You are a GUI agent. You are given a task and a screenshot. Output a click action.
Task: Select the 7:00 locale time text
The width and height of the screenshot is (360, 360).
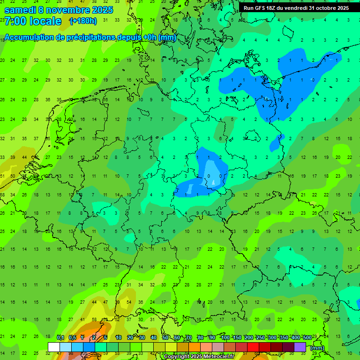33,21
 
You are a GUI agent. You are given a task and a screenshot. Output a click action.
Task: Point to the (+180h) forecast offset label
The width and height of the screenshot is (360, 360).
83,21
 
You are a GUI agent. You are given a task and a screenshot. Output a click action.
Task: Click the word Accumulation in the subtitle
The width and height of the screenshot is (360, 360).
30,37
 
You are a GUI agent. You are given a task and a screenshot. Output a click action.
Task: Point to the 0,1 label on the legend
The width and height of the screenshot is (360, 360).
60,337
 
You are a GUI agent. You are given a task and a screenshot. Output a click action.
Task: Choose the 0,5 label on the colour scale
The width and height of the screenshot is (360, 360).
72,337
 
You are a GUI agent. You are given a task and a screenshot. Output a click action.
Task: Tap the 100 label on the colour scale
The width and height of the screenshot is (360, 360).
225,337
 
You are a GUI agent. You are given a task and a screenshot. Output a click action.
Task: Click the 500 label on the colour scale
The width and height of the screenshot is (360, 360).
307,337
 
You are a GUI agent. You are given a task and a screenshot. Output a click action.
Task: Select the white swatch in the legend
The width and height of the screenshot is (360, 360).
54,347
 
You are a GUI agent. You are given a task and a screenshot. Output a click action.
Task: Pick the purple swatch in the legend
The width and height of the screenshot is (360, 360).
300,347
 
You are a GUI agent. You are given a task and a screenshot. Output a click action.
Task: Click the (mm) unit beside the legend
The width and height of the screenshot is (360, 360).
317,348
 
